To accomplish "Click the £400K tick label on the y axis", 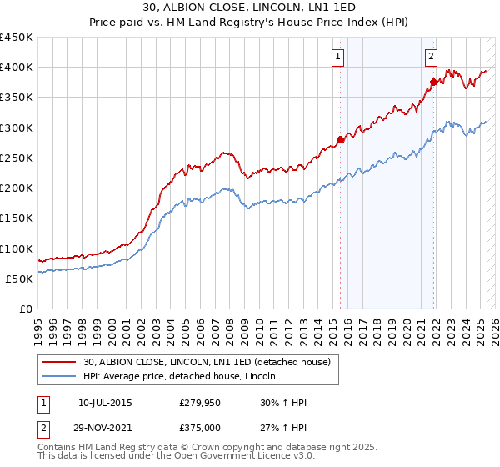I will tap(17, 68).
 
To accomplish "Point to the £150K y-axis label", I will tap(17, 218).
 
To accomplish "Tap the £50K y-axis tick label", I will tap(20, 279).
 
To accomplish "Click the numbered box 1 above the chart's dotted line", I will tap(338, 57).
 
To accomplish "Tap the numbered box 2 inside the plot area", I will tap(432, 57).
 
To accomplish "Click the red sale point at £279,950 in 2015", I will tap(340, 139).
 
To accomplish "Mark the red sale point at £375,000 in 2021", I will tap(434, 82).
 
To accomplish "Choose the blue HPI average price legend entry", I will tap(184, 377).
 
